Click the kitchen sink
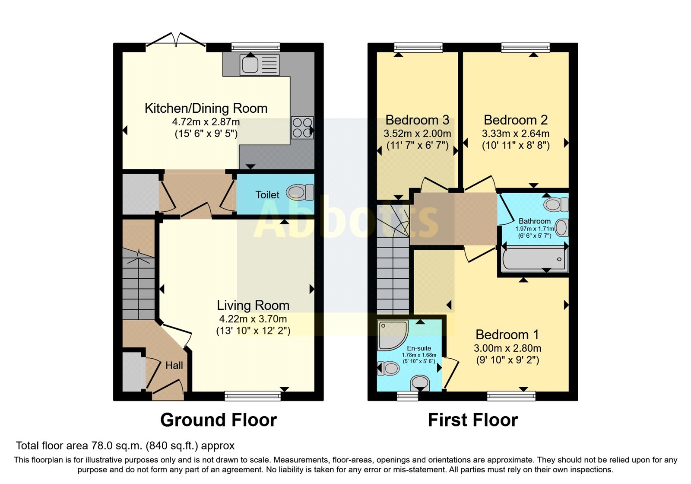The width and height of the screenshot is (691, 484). (260, 65)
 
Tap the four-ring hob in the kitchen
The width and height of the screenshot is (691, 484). (302, 127)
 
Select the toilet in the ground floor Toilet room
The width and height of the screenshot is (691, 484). (300, 192)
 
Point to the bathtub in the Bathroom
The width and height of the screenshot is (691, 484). (534, 259)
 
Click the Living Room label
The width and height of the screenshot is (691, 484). (253, 305)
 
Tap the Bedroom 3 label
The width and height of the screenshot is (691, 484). (417, 120)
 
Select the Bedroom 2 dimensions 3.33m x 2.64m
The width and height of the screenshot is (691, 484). (516, 134)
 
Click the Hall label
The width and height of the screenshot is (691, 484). (174, 366)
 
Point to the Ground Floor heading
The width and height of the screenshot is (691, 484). (219, 420)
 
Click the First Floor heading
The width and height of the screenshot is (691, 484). (473, 420)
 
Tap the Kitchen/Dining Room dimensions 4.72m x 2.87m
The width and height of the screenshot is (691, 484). (206, 122)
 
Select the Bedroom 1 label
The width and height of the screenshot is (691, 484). (507, 334)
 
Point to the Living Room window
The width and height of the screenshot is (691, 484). (253, 396)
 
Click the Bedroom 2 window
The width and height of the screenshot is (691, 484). (526, 47)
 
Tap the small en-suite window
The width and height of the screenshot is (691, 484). (407, 396)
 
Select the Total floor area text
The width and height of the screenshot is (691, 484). (125, 446)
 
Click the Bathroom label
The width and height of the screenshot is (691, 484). (535, 221)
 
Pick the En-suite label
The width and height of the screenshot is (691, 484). (418, 348)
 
